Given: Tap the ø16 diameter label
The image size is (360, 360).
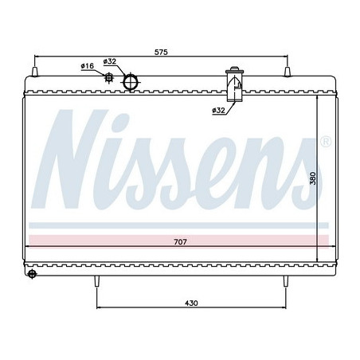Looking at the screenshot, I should pyautogui.click(x=87, y=65).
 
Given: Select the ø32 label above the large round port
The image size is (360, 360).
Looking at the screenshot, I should pyautogui.click(x=111, y=61).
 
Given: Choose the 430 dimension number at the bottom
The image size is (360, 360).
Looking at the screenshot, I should pyautogui.click(x=191, y=303).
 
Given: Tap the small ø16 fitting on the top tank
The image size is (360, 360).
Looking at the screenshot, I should pyautogui.click(x=109, y=77).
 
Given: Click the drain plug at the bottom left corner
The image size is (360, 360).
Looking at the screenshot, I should pyautogui.click(x=33, y=275).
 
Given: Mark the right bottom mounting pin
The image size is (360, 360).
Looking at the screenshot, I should pyautogui.click(x=285, y=280).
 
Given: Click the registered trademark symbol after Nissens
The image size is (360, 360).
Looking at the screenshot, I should pyautogui.click(x=325, y=143).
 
